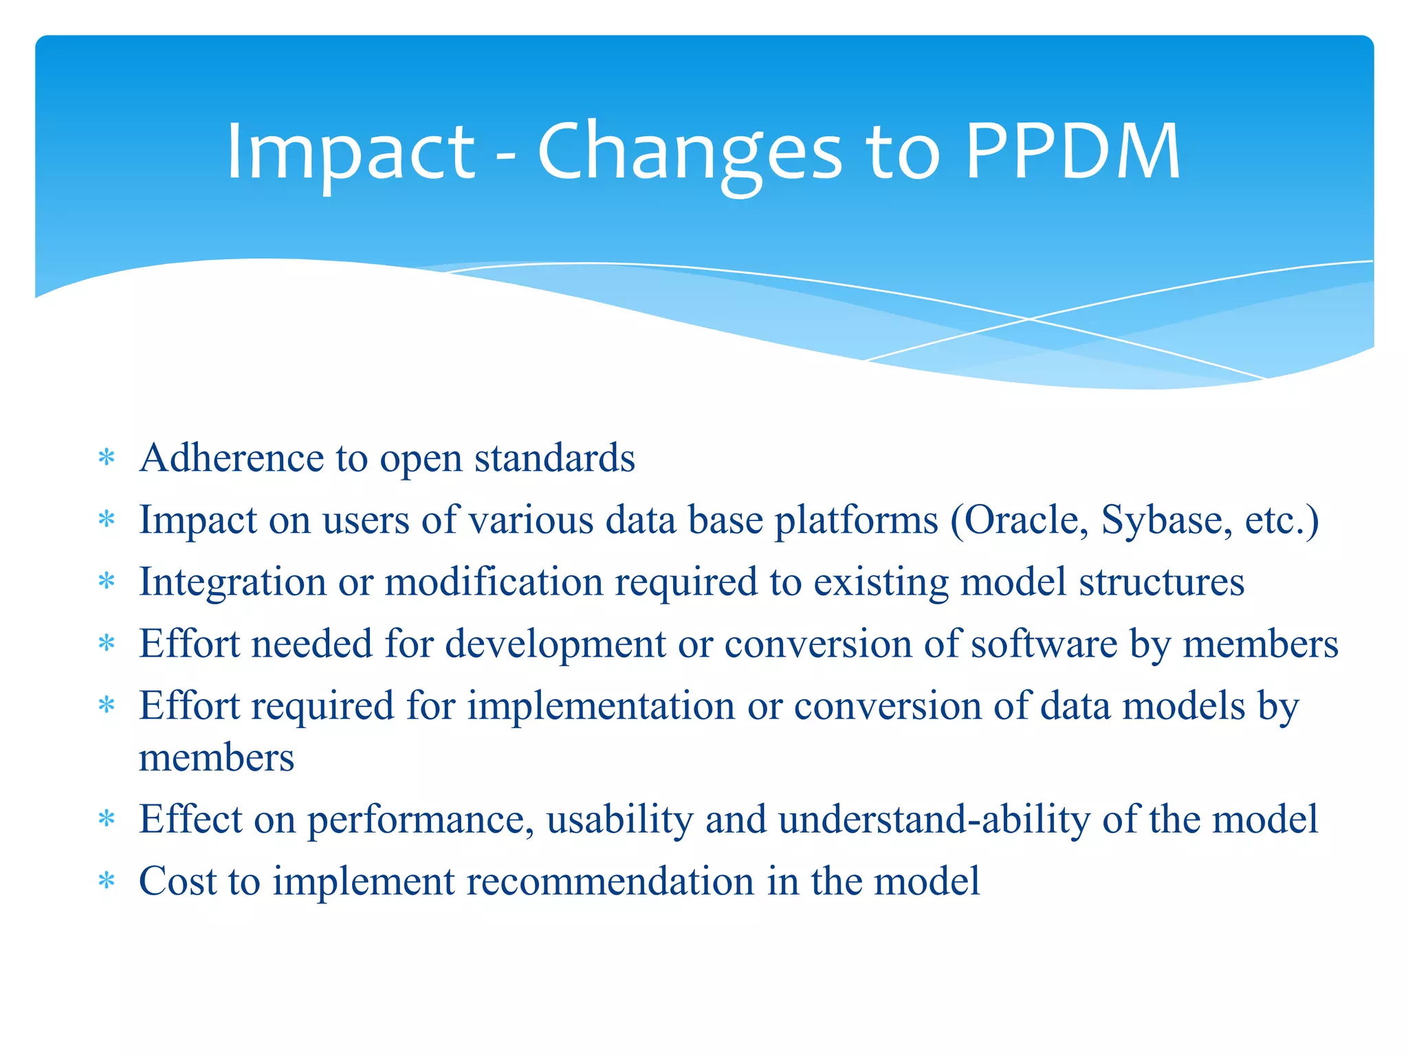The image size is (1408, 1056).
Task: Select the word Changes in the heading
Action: click(x=689, y=153)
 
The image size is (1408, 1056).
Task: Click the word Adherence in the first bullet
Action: click(x=231, y=458)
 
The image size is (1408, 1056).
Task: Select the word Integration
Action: click(x=232, y=583)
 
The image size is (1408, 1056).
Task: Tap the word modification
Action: click(x=493, y=582)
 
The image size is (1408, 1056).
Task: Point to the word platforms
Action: click(x=856, y=520)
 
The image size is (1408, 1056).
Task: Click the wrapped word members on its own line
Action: click(x=217, y=758)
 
